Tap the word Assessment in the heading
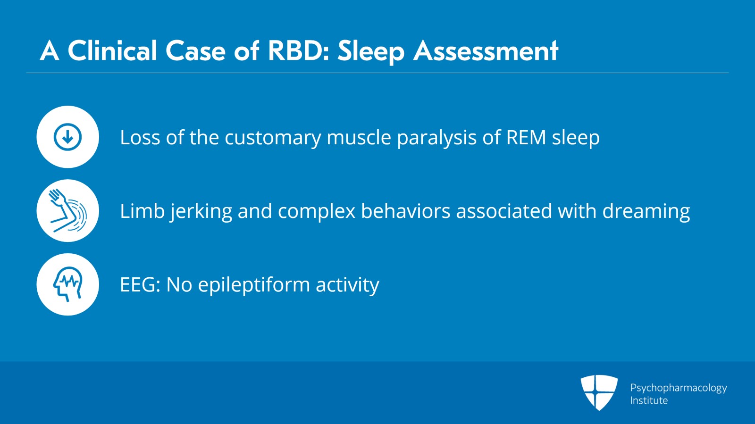click(486, 51)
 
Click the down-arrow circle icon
click(68, 137)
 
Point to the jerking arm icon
click(68, 210)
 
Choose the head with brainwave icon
click(68, 284)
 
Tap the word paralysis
click(436, 138)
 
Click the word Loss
click(140, 137)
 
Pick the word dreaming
click(646, 212)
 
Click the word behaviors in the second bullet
click(405, 211)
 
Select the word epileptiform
click(254, 286)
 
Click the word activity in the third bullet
click(347, 286)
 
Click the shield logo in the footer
click(599, 392)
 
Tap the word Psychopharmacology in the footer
click(679, 388)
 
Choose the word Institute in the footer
click(649, 400)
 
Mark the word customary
click(273, 138)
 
